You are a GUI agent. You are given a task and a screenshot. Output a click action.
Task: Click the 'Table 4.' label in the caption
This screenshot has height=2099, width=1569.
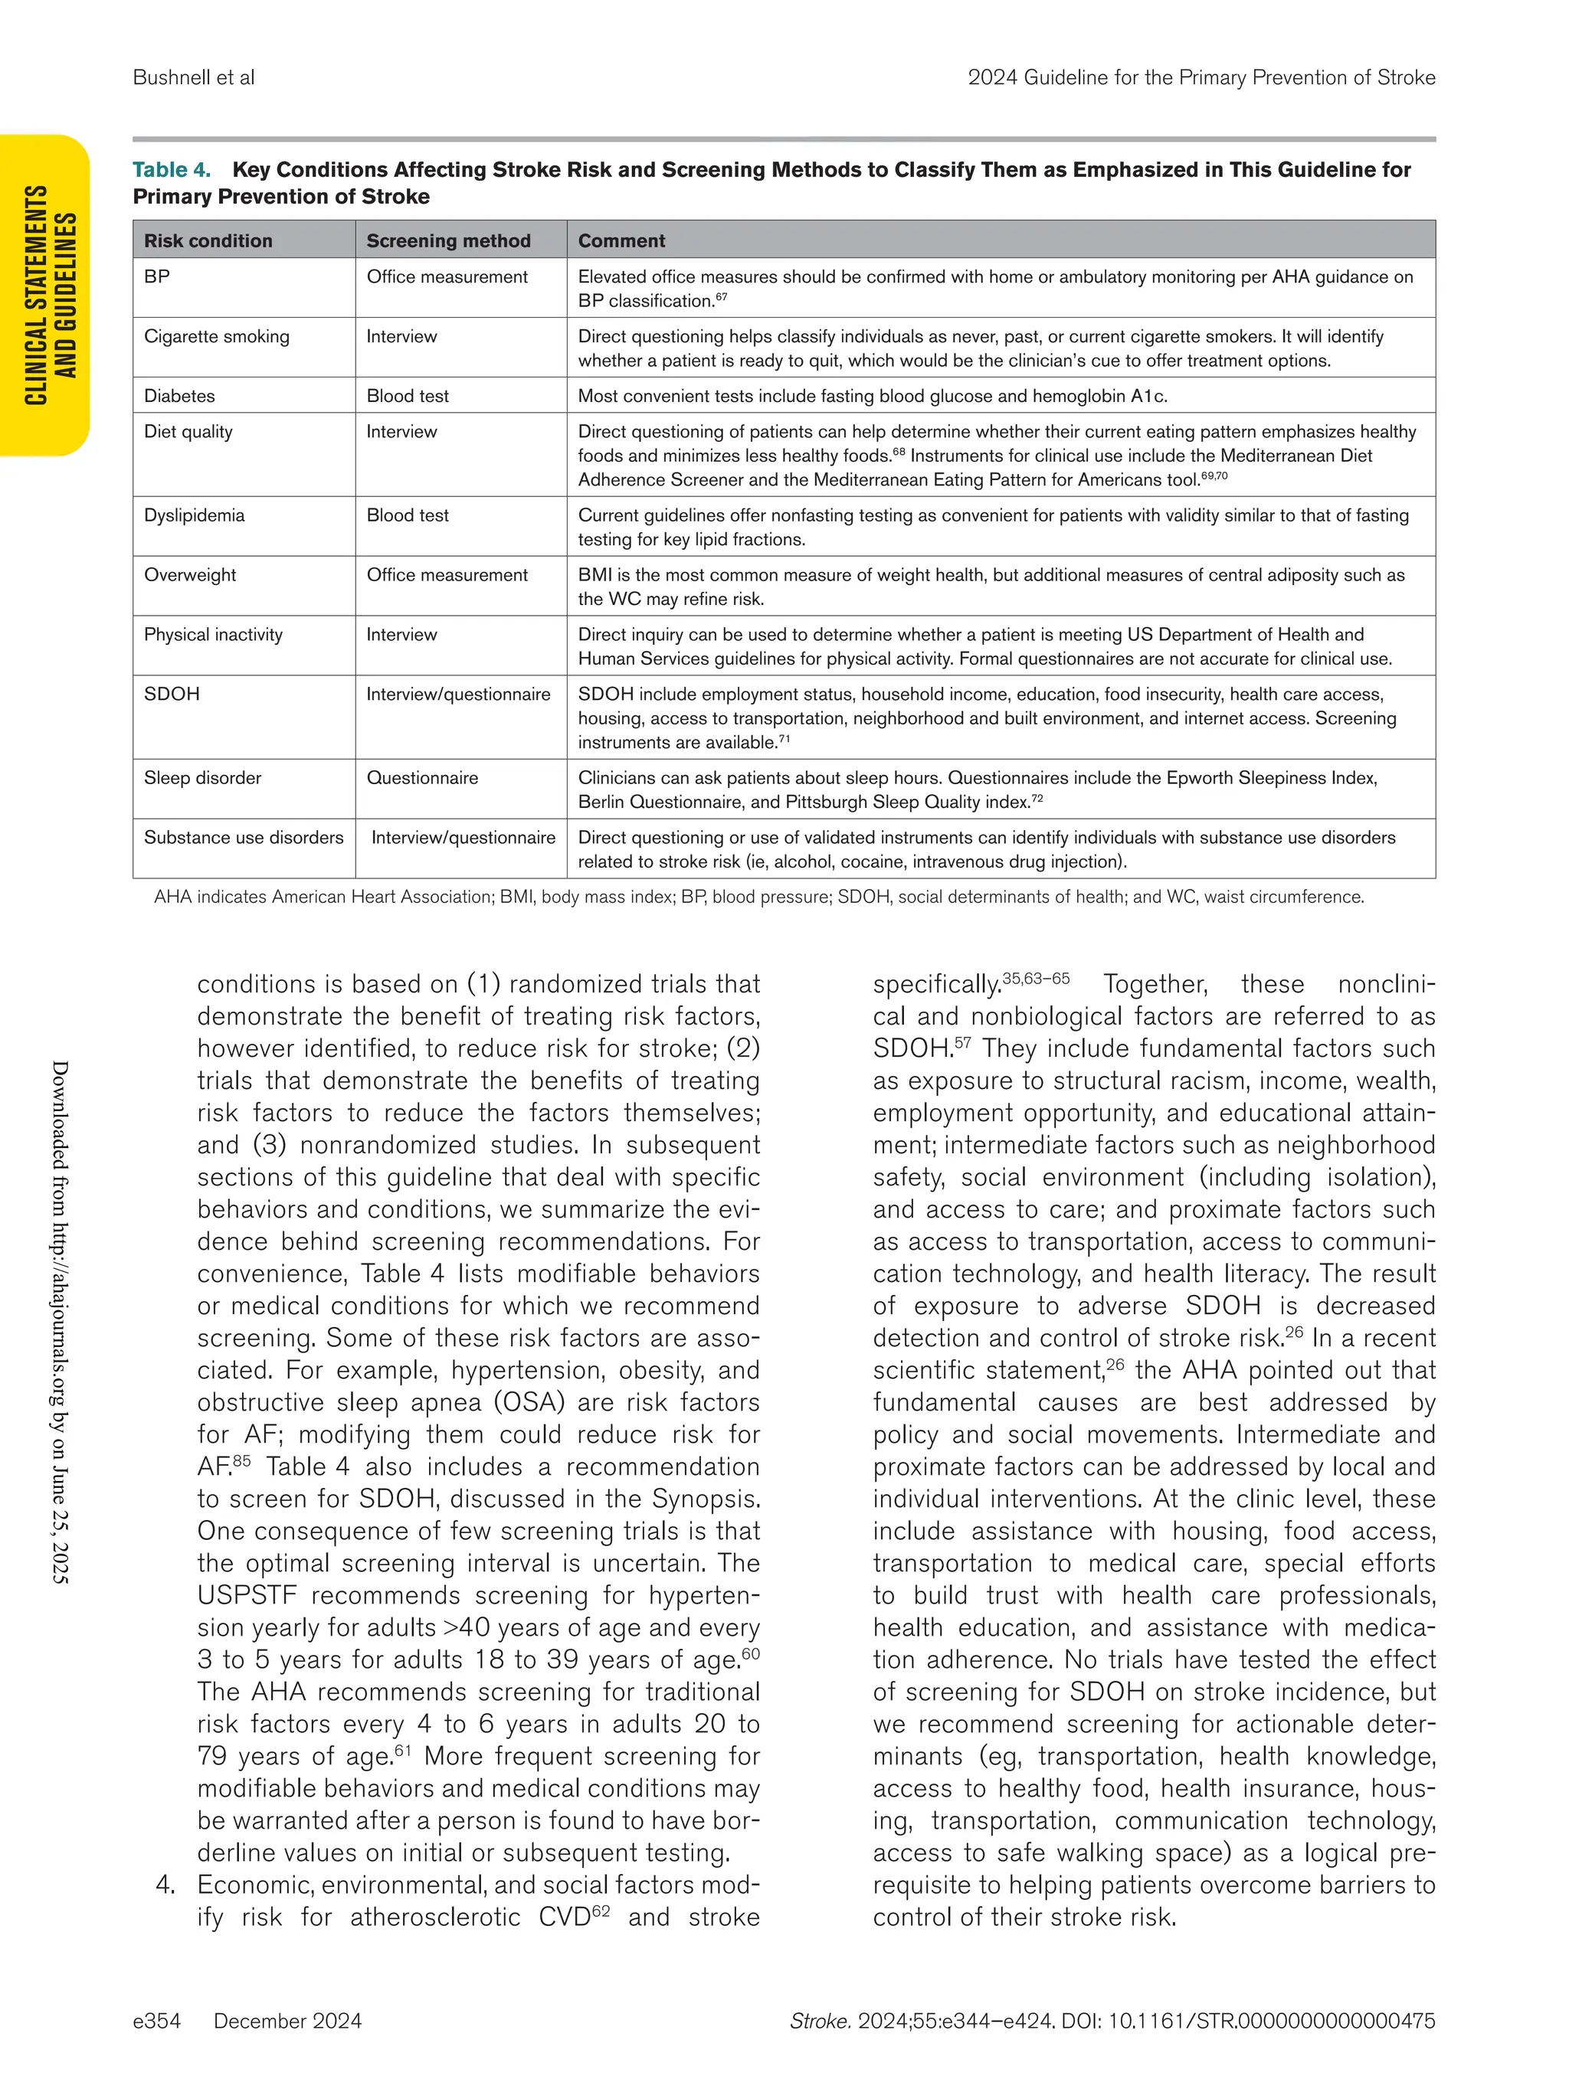click(171, 170)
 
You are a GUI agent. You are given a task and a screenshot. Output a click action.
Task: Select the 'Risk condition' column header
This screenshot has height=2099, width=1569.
click(208, 241)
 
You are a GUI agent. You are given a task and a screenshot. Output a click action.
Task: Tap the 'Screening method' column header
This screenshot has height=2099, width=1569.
click(448, 241)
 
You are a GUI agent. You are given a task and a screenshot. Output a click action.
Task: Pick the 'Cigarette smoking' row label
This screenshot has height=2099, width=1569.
click(216, 337)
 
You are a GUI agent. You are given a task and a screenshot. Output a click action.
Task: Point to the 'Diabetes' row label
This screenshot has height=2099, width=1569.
click(179, 396)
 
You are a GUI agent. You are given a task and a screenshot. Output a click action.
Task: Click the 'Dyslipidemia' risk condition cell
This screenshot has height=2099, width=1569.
click(194, 515)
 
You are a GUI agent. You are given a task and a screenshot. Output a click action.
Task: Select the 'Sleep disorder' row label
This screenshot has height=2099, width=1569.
click(202, 778)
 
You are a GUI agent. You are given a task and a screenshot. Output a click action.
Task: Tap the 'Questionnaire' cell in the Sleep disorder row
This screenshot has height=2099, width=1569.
click(422, 778)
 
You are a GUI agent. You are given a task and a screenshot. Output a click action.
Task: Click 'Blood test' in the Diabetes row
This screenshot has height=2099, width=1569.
click(408, 396)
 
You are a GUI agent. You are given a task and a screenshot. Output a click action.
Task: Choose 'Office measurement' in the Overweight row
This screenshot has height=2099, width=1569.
click(447, 575)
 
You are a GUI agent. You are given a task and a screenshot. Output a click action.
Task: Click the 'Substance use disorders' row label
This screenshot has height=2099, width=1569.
click(243, 838)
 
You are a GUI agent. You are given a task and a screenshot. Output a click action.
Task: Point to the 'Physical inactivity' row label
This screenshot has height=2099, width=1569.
click(213, 635)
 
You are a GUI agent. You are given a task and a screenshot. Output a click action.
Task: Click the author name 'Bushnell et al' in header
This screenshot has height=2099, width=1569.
click(194, 78)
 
